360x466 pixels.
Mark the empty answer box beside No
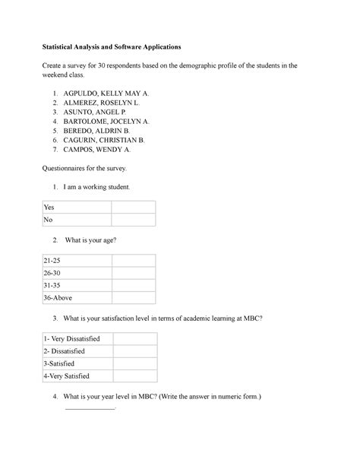(x=134, y=220)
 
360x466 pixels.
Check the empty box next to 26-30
(x=134, y=273)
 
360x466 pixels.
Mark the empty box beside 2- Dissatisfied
(x=134, y=351)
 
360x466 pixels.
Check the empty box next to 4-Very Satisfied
(x=134, y=376)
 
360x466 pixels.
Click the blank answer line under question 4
(x=89, y=409)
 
